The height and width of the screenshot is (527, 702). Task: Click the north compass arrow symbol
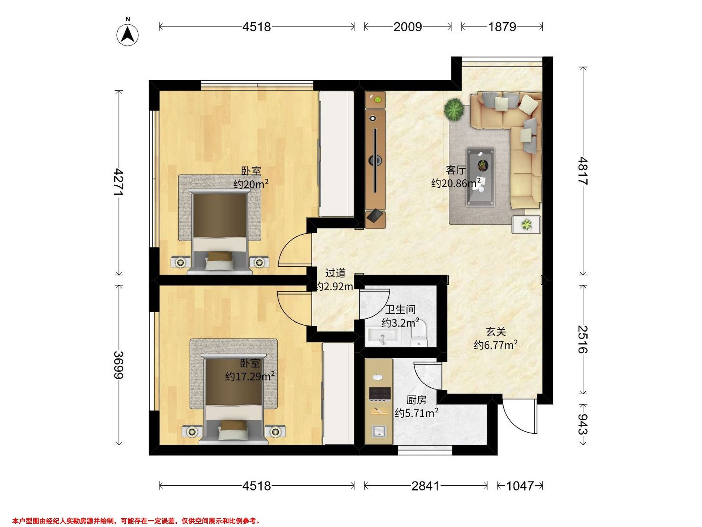[128, 34]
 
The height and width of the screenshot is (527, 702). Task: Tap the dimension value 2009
[408, 27]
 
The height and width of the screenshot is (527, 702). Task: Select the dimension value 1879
[502, 27]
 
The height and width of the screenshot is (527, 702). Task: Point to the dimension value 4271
[119, 182]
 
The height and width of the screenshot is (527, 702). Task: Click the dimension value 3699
[119, 365]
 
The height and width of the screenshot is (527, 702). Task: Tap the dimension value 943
[583, 425]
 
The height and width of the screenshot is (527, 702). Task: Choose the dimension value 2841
[426, 486]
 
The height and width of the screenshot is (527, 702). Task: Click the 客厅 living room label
[456, 170]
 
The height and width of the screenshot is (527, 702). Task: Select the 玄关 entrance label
[496, 332]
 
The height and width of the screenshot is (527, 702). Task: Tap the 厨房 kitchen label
[417, 400]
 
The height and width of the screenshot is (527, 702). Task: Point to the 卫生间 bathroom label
[400, 309]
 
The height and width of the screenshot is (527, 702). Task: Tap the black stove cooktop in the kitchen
[380, 394]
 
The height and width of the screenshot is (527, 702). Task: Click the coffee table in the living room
[481, 177]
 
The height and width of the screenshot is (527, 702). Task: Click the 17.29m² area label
[250, 377]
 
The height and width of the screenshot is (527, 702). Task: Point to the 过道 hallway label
[335, 273]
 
